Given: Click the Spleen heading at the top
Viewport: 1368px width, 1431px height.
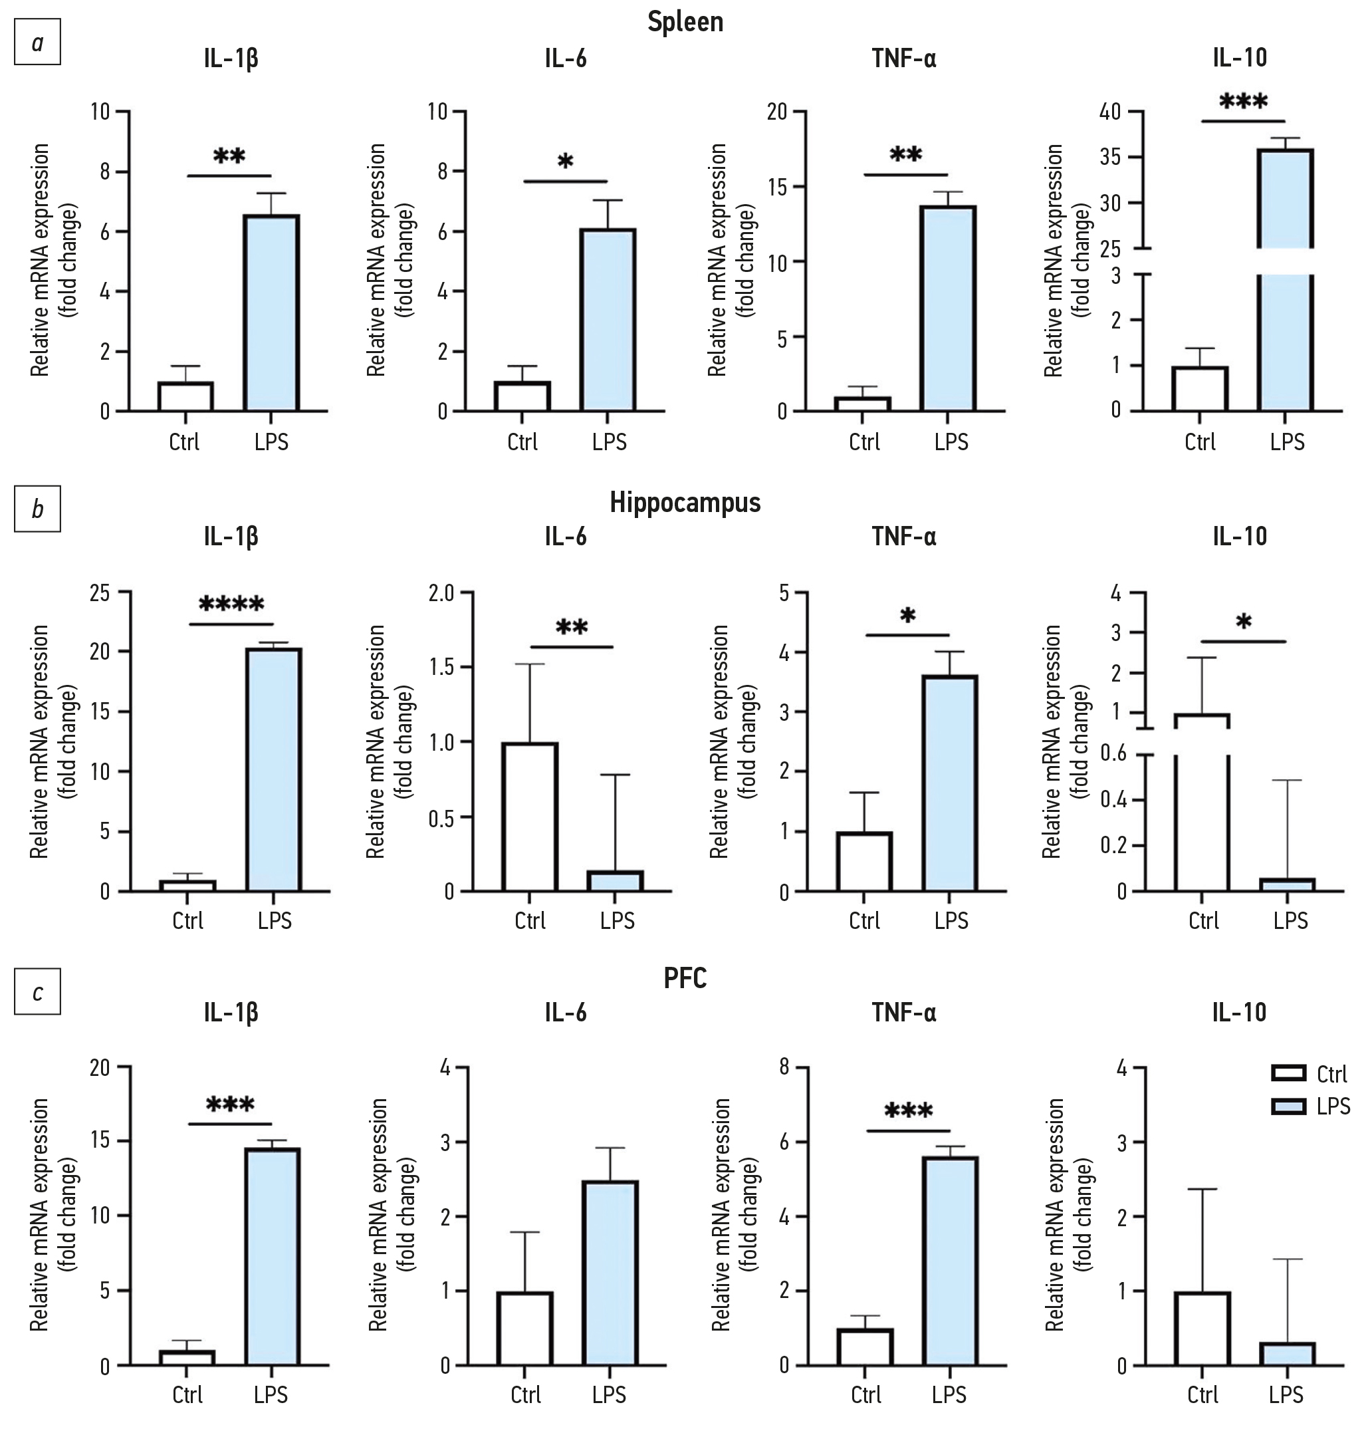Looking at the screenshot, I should coord(685,22).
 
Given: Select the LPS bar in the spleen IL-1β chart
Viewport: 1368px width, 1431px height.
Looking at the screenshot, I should coord(271,314).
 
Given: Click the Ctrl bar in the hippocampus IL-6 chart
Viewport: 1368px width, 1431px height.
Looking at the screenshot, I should coord(530,817).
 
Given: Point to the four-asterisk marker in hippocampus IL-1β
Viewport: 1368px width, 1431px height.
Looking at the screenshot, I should coord(231,604).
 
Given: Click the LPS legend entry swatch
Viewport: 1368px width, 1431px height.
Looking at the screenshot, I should coord(1288,1106).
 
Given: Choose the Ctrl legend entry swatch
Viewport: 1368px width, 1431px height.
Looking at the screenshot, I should coord(1288,1073).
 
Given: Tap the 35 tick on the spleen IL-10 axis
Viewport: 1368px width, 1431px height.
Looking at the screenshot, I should coord(1110,158).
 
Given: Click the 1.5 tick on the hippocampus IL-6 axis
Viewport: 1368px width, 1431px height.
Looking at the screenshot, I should coord(441,668).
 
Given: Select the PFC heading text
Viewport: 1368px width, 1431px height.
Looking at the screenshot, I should coord(685,978).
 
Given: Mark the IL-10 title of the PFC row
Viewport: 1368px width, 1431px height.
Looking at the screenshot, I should coord(1240,1012).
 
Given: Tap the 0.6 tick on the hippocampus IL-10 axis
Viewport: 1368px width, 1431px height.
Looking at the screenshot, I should coord(1114,753).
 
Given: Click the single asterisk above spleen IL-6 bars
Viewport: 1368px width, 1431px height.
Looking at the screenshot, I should coord(565,162).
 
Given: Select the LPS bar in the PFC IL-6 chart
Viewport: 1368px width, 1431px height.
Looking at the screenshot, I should coord(610,1273).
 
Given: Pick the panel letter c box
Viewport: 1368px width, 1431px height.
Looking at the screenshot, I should coord(37,992).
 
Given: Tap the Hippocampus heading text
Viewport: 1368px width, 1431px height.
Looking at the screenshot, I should coord(685,503).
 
